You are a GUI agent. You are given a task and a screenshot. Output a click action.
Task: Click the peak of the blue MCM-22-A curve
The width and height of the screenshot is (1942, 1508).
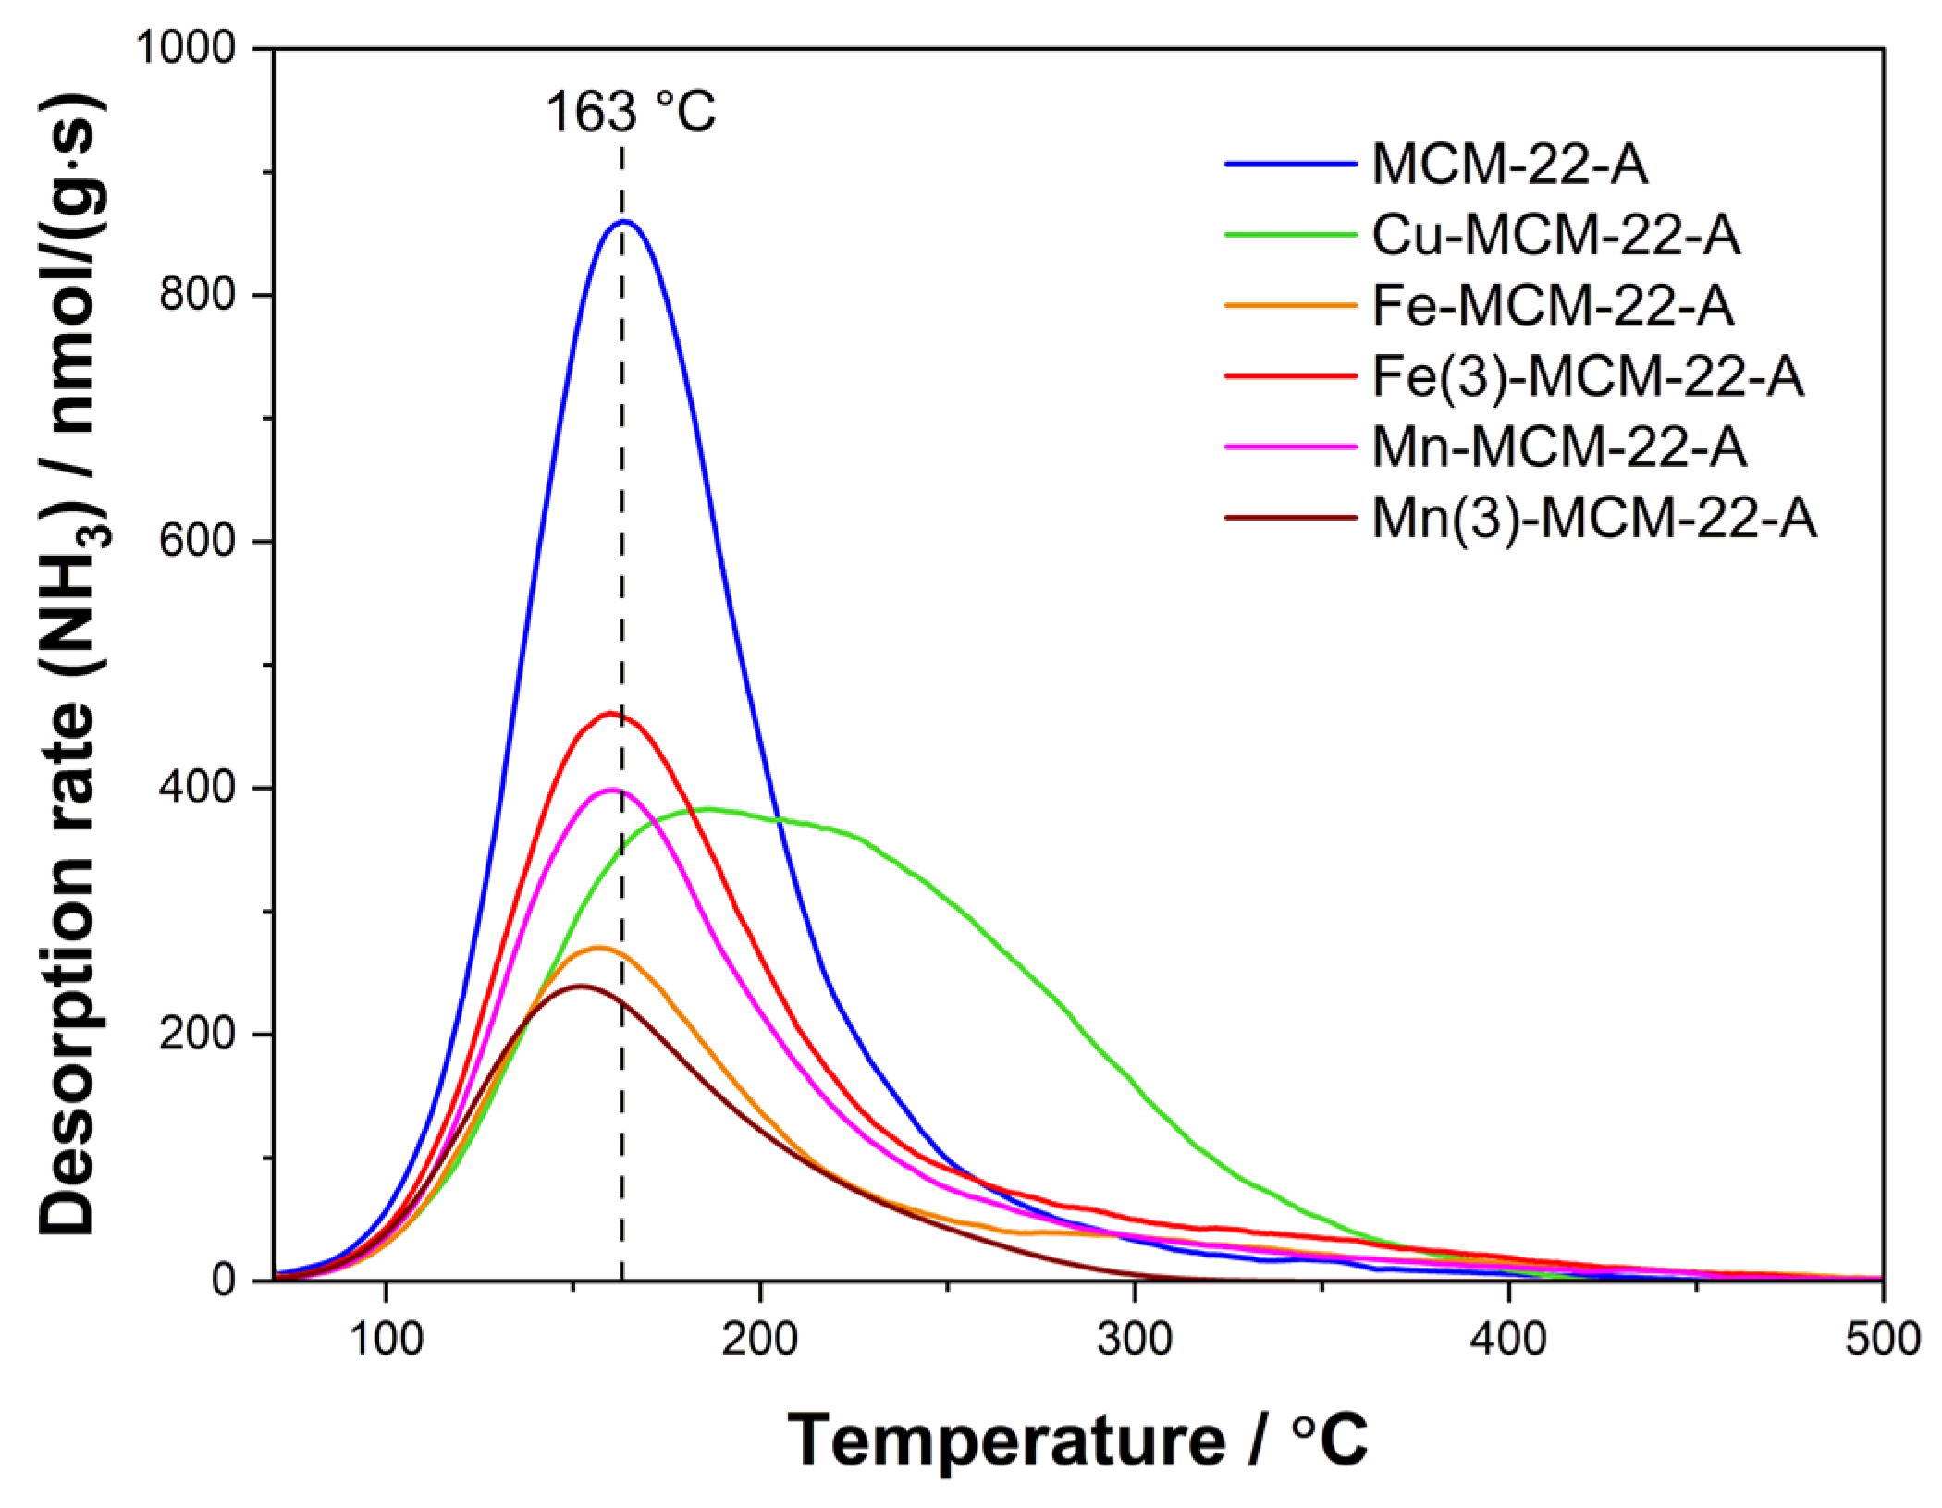[x=625, y=221]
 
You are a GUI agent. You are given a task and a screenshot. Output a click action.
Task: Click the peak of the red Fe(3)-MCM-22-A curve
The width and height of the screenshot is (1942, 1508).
[x=608, y=713]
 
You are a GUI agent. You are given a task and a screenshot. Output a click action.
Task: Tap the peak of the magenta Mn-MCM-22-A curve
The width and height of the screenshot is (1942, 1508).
[x=610, y=790]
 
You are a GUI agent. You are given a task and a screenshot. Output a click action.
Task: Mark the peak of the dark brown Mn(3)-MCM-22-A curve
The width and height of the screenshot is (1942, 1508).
[x=580, y=986]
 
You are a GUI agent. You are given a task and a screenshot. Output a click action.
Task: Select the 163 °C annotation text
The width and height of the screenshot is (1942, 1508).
[x=631, y=113]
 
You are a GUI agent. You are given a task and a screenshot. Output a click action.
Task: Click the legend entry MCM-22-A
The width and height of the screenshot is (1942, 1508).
[x=1509, y=164]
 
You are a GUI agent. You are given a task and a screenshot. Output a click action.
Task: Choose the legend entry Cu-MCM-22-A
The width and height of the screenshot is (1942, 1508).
[x=1555, y=235]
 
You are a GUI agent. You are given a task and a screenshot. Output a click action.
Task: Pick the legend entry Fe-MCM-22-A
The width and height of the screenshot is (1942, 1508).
[x=1552, y=305]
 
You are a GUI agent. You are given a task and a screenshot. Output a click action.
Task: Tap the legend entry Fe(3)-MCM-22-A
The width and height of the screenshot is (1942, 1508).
[x=1587, y=376]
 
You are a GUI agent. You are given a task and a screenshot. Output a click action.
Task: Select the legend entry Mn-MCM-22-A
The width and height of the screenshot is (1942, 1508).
[x=1559, y=447]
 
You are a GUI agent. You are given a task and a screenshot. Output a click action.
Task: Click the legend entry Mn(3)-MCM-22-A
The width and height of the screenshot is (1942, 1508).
[x=1593, y=518]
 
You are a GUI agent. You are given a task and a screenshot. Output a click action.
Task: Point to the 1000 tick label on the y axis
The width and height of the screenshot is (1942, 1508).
[x=186, y=48]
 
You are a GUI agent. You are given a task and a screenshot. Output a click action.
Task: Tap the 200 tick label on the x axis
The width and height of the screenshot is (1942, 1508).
[x=759, y=1340]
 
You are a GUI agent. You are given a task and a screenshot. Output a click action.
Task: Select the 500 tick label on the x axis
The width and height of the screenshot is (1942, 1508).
[x=1881, y=1340]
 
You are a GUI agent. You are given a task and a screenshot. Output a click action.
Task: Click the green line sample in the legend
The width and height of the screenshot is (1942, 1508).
[x=1290, y=235]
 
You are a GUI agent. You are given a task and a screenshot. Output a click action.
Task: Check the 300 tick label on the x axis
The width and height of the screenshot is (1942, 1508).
[x=1134, y=1340]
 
